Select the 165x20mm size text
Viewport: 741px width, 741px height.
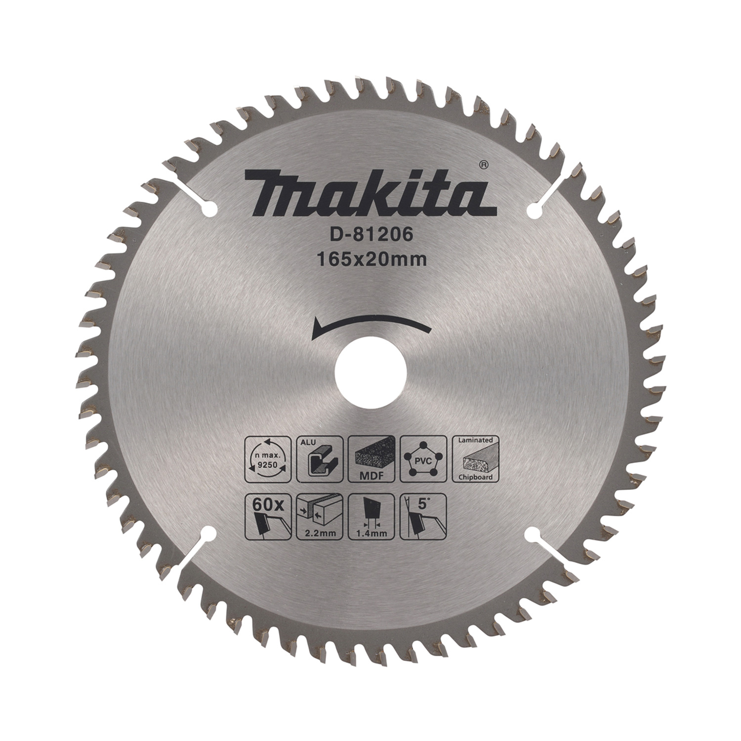click(x=371, y=260)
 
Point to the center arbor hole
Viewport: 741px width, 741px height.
click(x=370, y=371)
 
